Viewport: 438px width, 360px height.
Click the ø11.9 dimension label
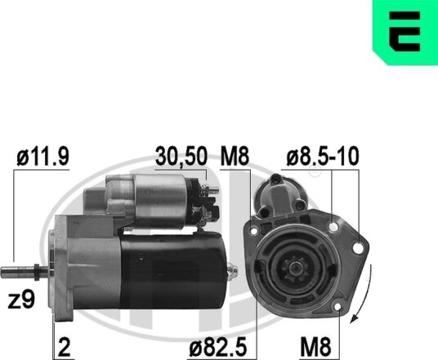pos(42,157)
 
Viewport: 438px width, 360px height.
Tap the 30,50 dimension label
pos(181,157)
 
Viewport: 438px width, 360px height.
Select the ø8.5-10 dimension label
pos(322,157)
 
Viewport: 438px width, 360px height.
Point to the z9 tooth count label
pos(21,300)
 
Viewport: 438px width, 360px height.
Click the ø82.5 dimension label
pos(218,347)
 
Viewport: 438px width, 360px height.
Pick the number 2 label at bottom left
pos(64,347)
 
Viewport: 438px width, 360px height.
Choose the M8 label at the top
pos(235,157)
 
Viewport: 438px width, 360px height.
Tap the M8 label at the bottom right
pos(315,347)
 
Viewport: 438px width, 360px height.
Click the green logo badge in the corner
pos(405,32)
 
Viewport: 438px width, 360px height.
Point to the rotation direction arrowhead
pos(354,318)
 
